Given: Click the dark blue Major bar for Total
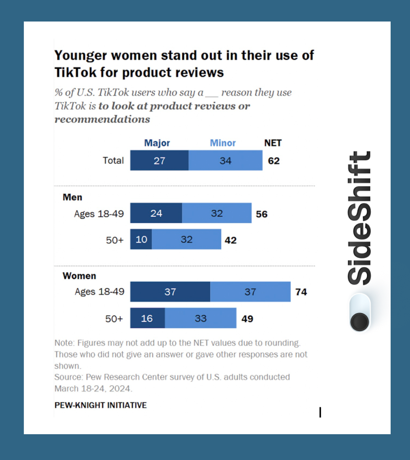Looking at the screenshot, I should (x=159, y=160).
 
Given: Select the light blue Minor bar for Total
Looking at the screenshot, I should (x=225, y=160).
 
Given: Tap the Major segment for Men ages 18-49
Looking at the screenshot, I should (x=156, y=213).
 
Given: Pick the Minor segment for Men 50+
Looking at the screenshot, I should (x=186, y=240).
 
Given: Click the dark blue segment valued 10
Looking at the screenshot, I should (x=141, y=240).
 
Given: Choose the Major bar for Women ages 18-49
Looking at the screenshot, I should (x=170, y=292).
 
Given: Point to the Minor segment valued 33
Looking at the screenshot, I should (x=201, y=318).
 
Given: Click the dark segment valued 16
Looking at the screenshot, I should (x=147, y=318).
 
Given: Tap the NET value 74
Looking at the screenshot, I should (x=301, y=292).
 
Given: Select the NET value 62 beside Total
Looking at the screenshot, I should (x=274, y=161).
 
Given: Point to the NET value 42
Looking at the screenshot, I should (x=230, y=240).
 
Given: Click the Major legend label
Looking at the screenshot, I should (x=157, y=143).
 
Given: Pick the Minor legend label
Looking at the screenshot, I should (x=223, y=143).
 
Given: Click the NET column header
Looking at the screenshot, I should (x=273, y=143).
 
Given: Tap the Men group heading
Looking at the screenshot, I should (x=72, y=197).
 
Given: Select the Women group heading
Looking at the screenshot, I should (x=79, y=276).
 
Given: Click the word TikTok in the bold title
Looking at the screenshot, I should (x=75, y=72).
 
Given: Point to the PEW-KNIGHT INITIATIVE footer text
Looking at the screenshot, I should (x=100, y=405).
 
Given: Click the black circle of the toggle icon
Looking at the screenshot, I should (x=360, y=322).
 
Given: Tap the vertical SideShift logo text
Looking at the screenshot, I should (x=359, y=218).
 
